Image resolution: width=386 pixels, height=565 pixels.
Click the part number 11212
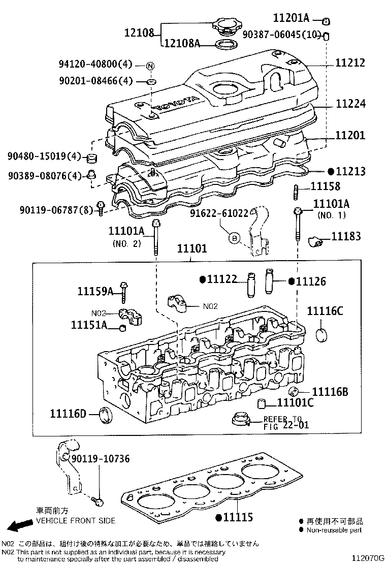pyautogui.click(x=358, y=63)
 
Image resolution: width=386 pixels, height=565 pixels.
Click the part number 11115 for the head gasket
pyautogui.click(x=238, y=518)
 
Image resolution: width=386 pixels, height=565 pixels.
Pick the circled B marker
pyautogui.click(x=234, y=237)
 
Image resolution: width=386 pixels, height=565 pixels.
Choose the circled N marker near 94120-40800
pyautogui.click(x=151, y=65)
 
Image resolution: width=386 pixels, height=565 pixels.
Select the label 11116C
pyautogui.click(x=325, y=311)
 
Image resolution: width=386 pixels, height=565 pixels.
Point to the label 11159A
pyautogui.click(x=95, y=291)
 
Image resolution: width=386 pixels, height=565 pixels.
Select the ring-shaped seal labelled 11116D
pyautogui.click(x=106, y=415)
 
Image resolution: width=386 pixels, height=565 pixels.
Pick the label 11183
pyautogui.click(x=346, y=236)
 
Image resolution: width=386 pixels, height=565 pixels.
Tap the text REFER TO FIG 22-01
pyautogui.click(x=286, y=422)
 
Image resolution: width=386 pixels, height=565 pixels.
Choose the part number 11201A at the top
pyautogui.click(x=291, y=18)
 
